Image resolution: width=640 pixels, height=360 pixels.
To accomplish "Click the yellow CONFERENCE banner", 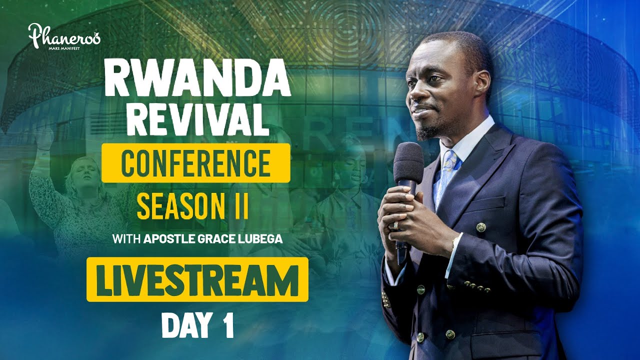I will coord(195,163).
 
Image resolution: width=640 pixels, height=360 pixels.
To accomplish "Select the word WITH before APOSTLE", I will coord(126,239).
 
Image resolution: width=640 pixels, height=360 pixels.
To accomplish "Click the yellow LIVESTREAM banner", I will coord(197,279).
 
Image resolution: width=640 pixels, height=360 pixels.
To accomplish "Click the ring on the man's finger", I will coord(395,224).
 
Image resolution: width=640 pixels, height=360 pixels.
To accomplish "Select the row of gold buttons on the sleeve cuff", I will coord(476,287).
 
